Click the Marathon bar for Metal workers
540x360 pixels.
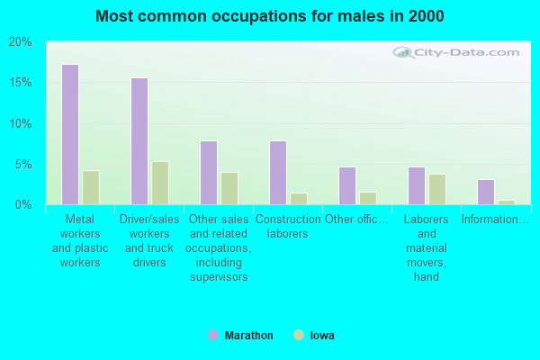[x=69, y=134]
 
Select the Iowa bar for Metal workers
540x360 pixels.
[x=91, y=187]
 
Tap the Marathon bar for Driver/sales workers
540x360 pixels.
[x=139, y=141]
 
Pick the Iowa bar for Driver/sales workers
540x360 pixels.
[x=160, y=183]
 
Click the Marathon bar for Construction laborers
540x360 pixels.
[x=277, y=173]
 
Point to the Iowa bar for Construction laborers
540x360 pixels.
[x=299, y=199]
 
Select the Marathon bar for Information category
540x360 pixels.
[x=485, y=192]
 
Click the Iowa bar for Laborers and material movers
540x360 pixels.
[x=437, y=189]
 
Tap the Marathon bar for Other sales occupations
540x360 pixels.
[x=208, y=173]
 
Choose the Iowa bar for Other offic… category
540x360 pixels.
[x=368, y=198]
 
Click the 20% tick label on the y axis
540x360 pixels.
[x=20, y=42]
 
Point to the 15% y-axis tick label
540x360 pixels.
[x=20, y=83]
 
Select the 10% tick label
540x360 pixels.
[x=20, y=123]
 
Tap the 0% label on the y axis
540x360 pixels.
[x=23, y=205]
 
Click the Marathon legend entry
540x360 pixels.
[x=240, y=336]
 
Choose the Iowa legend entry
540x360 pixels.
[x=314, y=336]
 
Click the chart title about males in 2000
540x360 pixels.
[x=270, y=16]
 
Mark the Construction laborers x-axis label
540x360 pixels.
[x=288, y=226]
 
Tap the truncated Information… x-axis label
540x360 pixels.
[x=495, y=219]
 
